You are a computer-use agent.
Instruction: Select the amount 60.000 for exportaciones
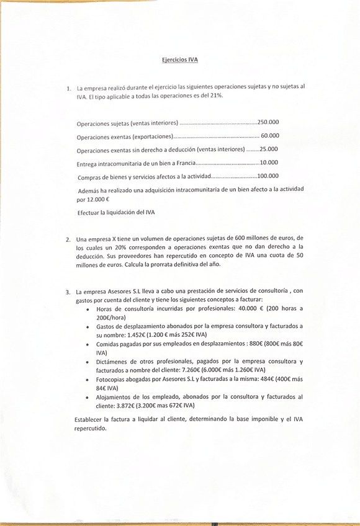pos(270,136)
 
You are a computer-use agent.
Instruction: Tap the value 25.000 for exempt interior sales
pos(269,149)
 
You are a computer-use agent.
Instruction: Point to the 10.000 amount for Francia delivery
pos(269,163)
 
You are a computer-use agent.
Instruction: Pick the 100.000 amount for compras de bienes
pos(268,176)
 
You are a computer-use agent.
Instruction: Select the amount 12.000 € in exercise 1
pos(98,200)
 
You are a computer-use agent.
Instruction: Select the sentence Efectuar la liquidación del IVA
pos(116,213)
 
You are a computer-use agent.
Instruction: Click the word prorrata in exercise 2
pos(168,264)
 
